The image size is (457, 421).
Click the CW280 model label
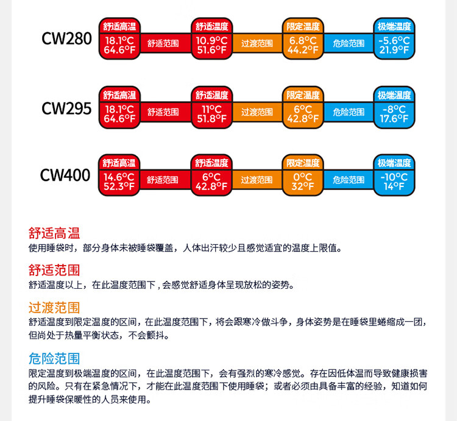point(66,39)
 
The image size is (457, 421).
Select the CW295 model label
point(66,108)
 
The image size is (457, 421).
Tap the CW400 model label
point(65,175)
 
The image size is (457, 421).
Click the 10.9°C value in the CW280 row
point(211,40)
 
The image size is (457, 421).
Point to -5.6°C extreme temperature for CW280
point(394,40)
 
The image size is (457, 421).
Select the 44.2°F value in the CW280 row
point(303,50)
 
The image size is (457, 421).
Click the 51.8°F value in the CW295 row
point(211,119)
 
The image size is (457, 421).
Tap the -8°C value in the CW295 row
point(394,109)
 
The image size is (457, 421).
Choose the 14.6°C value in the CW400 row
point(119,177)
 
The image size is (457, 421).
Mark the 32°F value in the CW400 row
point(303,186)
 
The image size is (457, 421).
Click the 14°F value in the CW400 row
point(394,186)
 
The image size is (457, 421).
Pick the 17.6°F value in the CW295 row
point(394,119)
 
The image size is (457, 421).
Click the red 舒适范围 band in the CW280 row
point(163,44)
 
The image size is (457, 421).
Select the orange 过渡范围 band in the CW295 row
point(257,112)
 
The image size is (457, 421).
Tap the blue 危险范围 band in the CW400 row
point(349,180)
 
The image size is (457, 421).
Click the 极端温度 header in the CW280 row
point(394,27)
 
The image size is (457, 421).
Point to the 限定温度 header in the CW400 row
point(303,163)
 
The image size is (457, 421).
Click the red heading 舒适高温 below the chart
point(54,233)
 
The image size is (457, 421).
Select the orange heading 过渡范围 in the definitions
point(54,308)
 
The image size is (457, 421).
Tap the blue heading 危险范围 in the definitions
point(54,358)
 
